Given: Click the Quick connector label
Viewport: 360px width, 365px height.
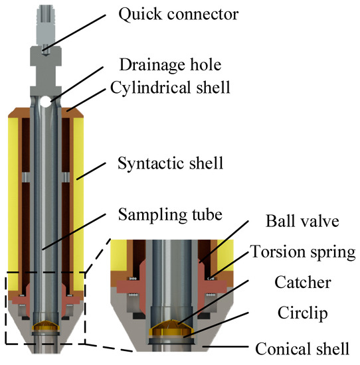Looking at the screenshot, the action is (179, 15).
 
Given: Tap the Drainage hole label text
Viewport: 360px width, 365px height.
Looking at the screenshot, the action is (170, 65).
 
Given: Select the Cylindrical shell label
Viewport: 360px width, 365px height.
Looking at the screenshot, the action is (170, 88).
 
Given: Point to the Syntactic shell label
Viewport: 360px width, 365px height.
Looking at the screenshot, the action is (170, 163).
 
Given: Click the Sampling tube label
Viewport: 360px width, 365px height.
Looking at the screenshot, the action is (170, 214).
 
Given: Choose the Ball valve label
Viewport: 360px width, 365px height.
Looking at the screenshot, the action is (302, 221).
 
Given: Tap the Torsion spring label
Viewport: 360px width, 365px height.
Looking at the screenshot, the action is (303, 252).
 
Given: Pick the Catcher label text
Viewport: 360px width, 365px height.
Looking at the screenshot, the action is (303, 282).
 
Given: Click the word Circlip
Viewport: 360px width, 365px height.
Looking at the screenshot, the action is (302, 313).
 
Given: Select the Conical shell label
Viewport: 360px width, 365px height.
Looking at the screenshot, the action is (302, 348).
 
